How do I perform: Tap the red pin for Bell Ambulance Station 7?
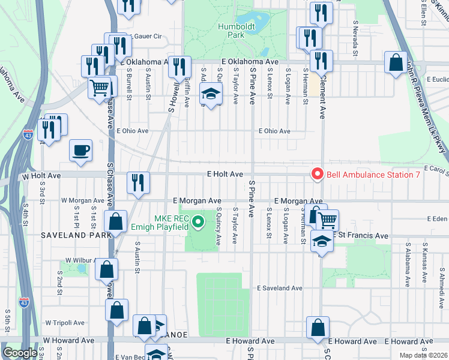pyautogui.click(x=317, y=175)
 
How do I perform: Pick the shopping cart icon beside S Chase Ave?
pyautogui.click(x=100, y=88)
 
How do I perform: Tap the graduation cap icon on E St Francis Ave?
pyautogui.click(x=322, y=242)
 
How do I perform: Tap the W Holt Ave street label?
pyautogui.click(x=41, y=176)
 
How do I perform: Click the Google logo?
pyautogui.click(x=20, y=353)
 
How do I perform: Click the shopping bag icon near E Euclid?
pyautogui.click(x=396, y=62)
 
